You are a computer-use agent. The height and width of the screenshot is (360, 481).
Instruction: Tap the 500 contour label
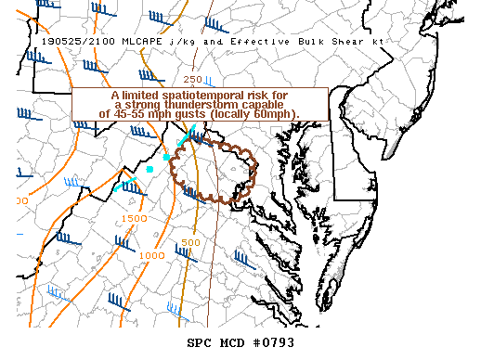[x=190, y=242]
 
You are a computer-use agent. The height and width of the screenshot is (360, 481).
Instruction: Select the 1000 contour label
[x=152, y=254]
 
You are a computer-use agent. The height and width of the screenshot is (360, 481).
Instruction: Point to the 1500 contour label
[x=135, y=218]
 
